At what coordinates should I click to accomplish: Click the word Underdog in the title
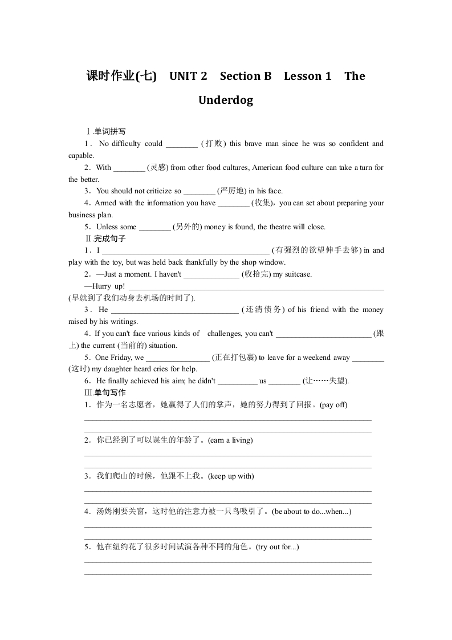click(226, 100)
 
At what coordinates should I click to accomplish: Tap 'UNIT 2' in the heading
click(188, 76)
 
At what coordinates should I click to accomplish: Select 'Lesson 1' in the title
click(307, 76)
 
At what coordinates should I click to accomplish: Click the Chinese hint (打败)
click(213, 144)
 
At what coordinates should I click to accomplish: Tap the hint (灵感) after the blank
click(158, 168)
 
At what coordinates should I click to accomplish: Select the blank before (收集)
click(234, 204)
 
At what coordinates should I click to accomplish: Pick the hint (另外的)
click(188, 227)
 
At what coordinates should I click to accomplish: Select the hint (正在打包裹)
click(234, 358)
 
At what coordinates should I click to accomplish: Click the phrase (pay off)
click(333, 405)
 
